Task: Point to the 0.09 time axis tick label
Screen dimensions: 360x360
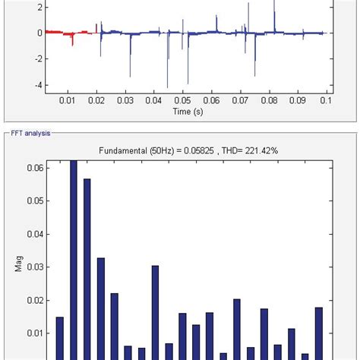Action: (x=298, y=99)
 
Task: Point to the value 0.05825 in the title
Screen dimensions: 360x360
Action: (x=188, y=151)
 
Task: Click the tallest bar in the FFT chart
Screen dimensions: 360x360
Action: (x=74, y=258)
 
